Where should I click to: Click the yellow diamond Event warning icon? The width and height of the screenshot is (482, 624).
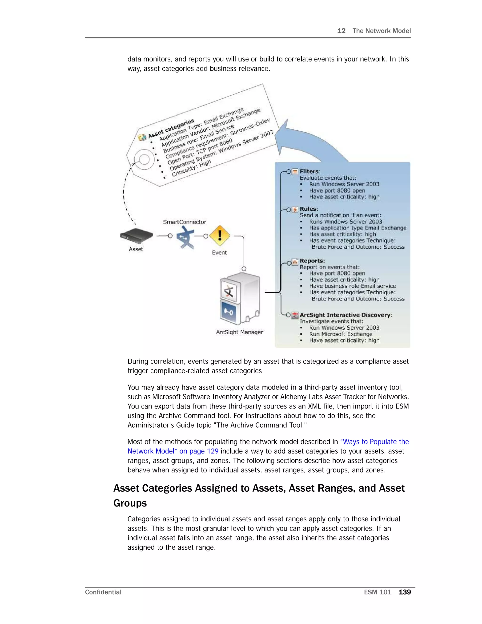click(220, 236)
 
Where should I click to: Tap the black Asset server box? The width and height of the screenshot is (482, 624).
click(137, 236)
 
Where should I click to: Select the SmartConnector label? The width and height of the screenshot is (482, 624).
click(185, 222)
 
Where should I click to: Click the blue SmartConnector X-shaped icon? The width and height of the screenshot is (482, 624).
click(185, 237)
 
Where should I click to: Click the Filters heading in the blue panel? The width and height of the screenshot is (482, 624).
click(310, 171)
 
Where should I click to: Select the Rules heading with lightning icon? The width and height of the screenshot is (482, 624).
click(308, 209)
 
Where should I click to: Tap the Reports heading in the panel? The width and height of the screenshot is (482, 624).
click(312, 261)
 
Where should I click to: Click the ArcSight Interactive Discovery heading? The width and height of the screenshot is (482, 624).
click(346, 315)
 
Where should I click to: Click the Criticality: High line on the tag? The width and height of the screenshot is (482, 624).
click(191, 168)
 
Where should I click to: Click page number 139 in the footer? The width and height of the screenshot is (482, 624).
click(405, 592)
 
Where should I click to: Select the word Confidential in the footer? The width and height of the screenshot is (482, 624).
click(103, 592)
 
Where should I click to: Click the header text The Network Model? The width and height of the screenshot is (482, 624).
click(382, 31)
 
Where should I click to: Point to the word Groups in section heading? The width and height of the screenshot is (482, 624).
click(130, 503)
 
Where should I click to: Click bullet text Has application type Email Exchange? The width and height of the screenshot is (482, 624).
click(357, 228)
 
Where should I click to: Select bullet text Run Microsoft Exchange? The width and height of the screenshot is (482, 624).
click(341, 334)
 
